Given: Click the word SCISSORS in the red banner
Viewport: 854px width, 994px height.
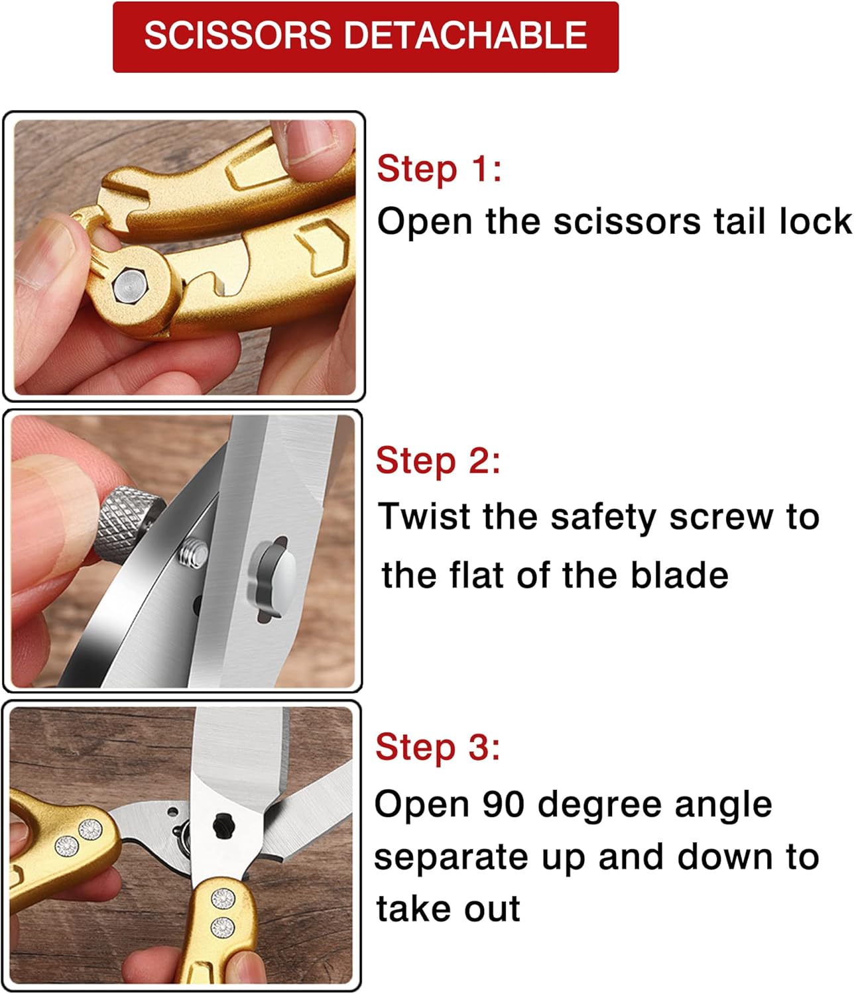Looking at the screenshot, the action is tap(237, 35).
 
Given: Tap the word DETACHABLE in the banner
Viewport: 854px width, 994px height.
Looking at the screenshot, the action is tap(465, 35).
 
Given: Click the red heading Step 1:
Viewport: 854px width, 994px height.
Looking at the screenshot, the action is tap(440, 169).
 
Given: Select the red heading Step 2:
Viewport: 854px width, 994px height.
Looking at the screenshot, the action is tap(438, 461).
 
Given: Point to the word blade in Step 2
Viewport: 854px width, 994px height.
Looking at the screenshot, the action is tap(680, 575).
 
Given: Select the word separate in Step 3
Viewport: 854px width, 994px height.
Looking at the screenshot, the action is tap(452, 859).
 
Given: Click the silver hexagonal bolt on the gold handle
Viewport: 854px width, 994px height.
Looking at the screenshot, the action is tap(129, 287).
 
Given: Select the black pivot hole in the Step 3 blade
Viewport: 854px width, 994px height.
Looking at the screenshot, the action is tap(222, 826).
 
